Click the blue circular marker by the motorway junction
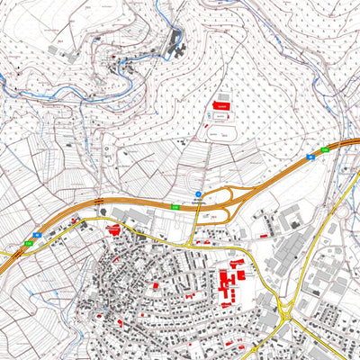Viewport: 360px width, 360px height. (198, 193)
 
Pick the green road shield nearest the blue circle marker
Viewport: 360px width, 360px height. (175, 209)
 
